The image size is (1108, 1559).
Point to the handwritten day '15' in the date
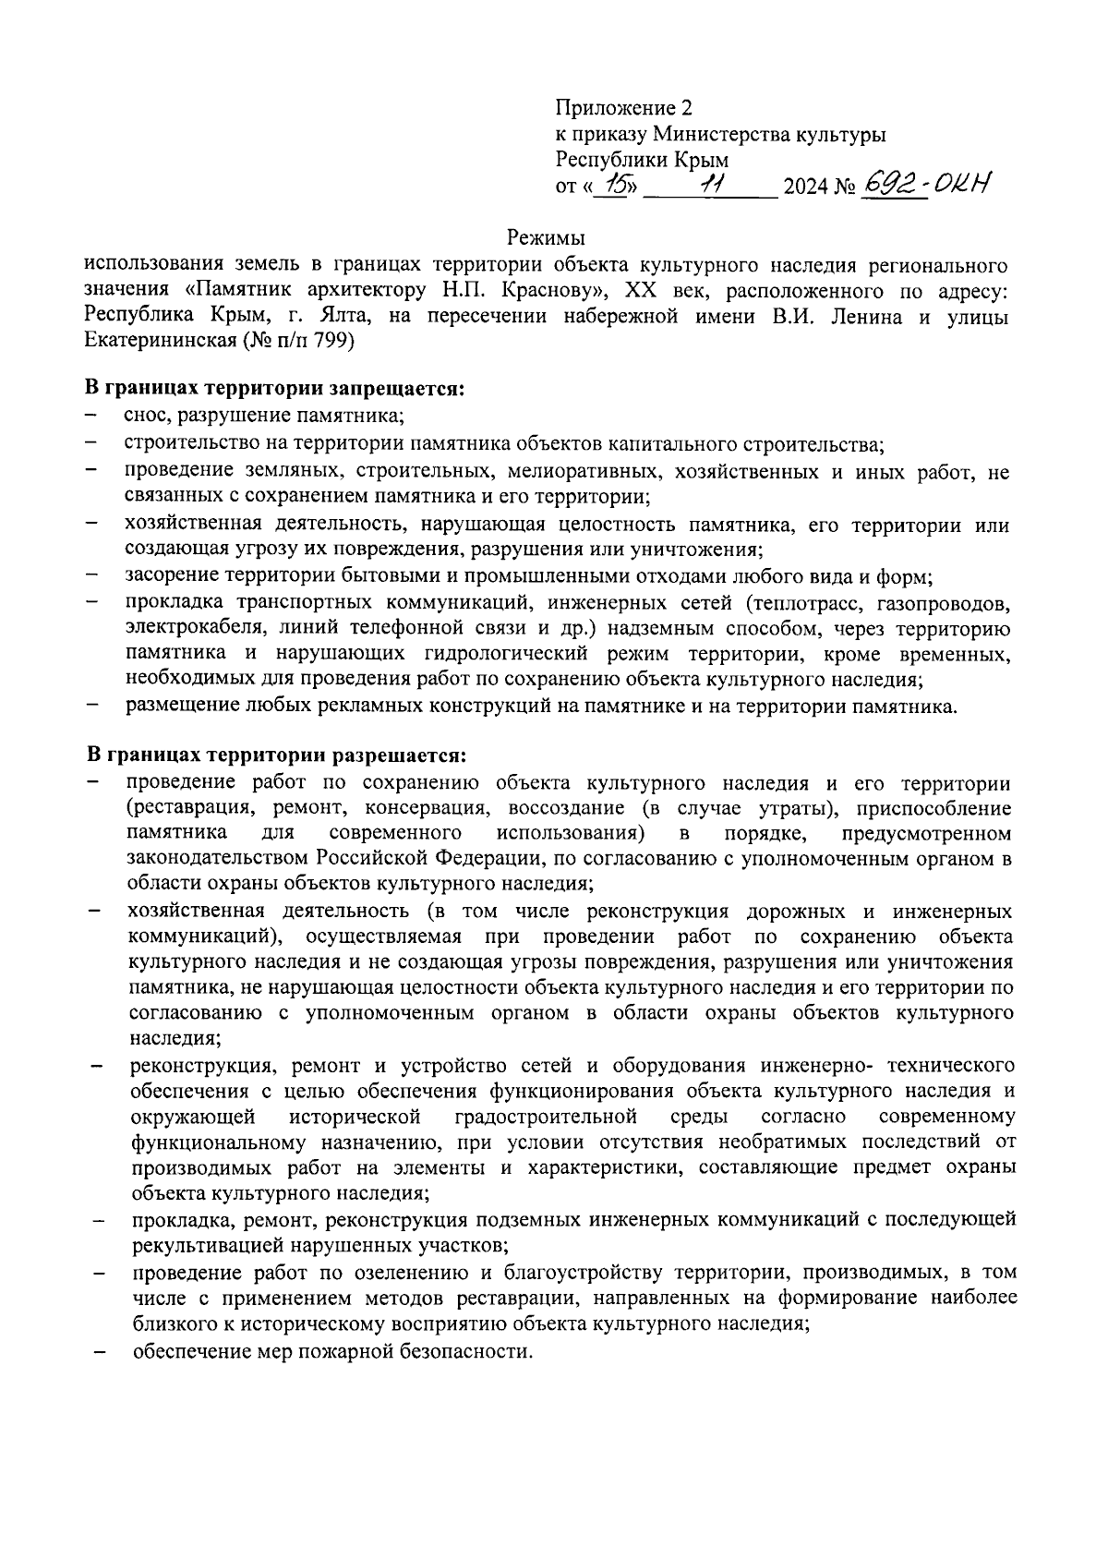pos(610,186)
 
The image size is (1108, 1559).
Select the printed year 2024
pos(805,188)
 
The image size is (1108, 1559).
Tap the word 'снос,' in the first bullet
pos(148,416)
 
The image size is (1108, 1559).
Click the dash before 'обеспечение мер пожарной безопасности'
pos(95,1354)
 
